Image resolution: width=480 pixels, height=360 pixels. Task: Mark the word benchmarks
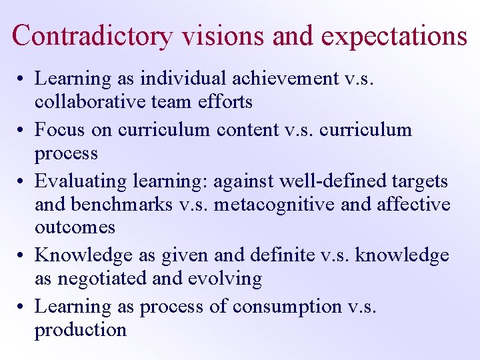[x=117, y=204]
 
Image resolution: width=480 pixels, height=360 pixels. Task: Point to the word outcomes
[x=75, y=227]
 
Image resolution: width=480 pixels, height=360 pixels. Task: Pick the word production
[x=81, y=330]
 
